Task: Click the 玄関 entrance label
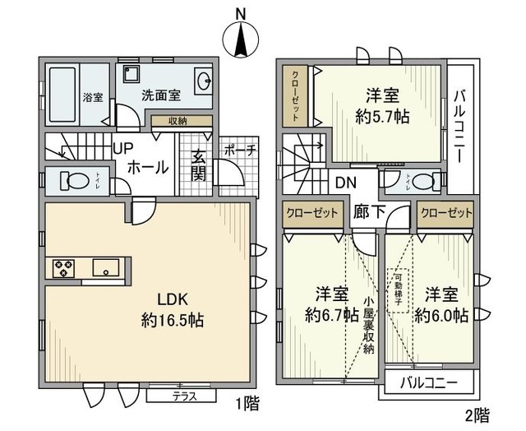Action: (x=199, y=164)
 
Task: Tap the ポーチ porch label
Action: (x=240, y=151)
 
